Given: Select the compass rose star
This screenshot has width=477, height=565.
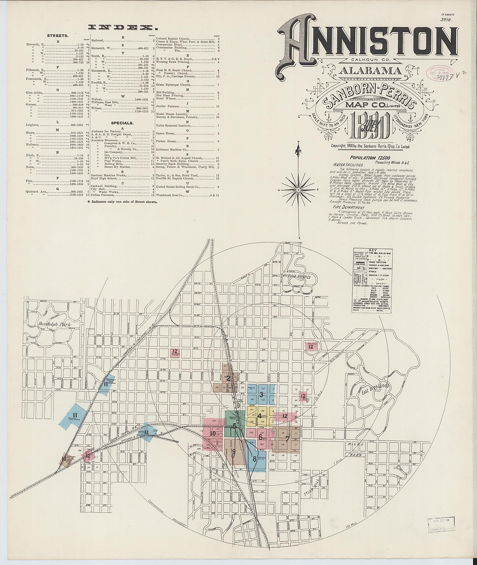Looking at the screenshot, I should pos(299,190).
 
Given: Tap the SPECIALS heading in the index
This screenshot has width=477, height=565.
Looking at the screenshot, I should pos(123,123).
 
